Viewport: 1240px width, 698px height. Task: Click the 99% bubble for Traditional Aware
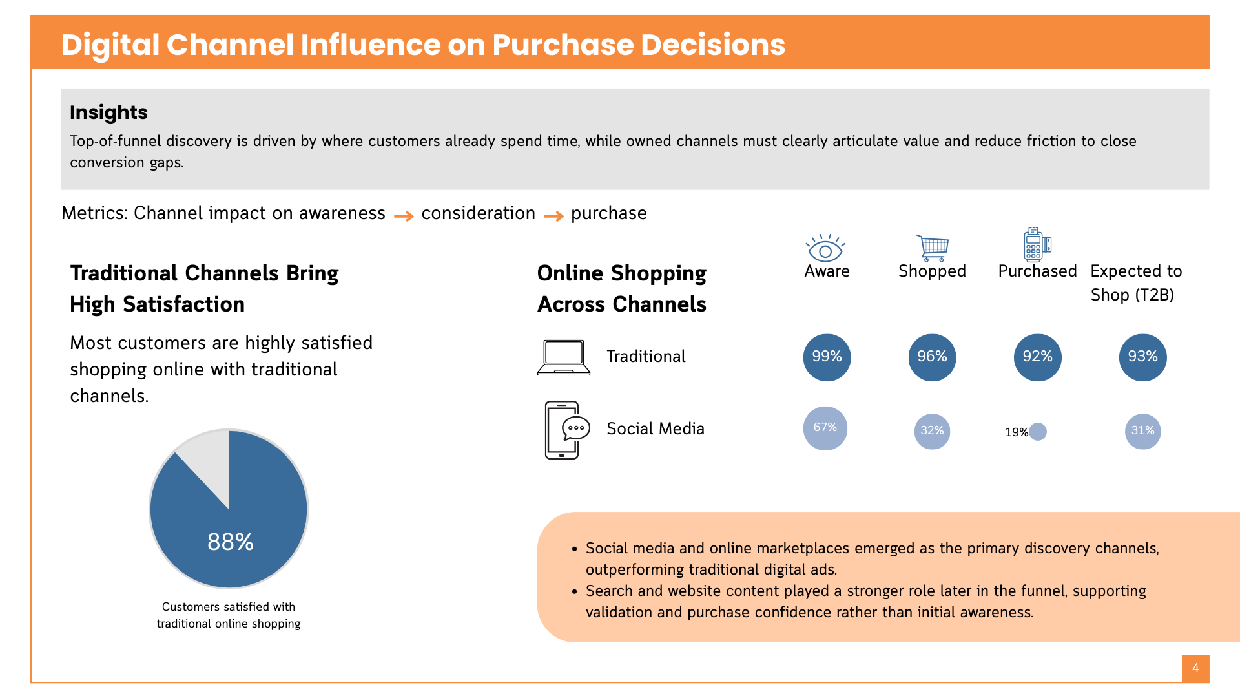(x=827, y=357)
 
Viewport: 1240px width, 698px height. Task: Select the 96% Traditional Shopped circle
(x=932, y=357)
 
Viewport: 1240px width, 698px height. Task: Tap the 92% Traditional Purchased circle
(x=1037, y=357)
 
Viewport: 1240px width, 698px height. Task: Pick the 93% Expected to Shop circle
(x=1142, y=357)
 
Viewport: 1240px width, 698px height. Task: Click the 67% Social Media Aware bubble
(x=825, y=428)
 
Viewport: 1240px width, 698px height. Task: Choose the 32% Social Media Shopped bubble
(x=932, y=431)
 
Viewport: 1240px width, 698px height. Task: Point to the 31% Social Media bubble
(x=1142, y=431)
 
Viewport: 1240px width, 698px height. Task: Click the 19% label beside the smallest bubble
(x=1016, y=432)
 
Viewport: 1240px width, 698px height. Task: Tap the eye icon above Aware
(x=825, y=248)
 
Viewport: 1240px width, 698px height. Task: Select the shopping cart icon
(x=933, y=248)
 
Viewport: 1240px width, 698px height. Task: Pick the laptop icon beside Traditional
(x=564, y=357)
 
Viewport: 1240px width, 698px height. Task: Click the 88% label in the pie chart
(x=231, y=542)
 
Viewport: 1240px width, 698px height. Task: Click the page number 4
(x=1195, y=668)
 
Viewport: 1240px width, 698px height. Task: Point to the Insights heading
(x=108, y=112)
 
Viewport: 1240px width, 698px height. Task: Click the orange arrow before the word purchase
(x=553, y=216)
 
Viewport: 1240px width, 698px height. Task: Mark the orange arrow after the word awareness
(x=404, y=216)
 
